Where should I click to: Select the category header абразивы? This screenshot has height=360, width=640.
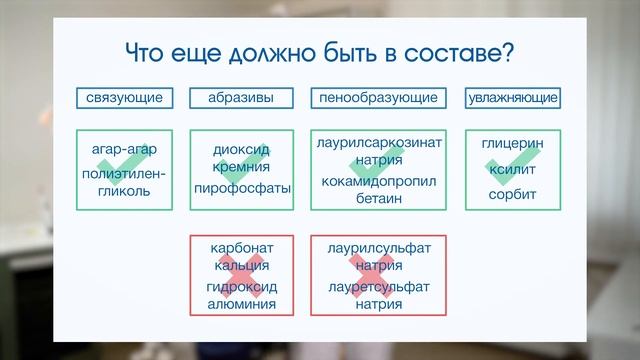point(243,98)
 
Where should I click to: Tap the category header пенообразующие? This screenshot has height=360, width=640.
point(378,98)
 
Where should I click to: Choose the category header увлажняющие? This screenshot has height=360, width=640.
point(514,98)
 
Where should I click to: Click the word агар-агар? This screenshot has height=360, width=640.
point(124,149)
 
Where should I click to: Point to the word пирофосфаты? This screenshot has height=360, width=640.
point(243,188)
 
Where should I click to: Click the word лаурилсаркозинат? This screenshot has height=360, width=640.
point(378,143)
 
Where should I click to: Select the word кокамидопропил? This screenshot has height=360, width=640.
point(378,181)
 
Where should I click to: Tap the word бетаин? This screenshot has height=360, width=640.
point(378,199)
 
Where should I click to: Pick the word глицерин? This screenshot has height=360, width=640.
point(512,144)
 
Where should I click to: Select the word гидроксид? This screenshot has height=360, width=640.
point(243,288)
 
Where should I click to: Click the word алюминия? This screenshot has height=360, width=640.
point(243,306)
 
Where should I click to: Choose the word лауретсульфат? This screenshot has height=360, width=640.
point(378,288)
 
